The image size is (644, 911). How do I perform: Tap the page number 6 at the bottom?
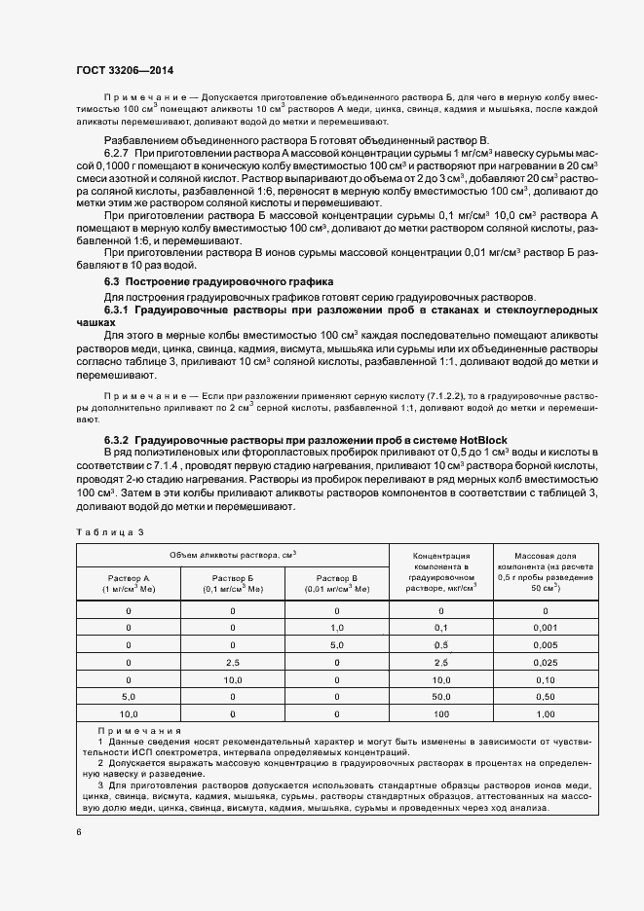pos(79,832)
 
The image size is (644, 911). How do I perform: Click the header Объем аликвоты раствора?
pos(233,554)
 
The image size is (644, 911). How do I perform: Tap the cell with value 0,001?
pos(545,628)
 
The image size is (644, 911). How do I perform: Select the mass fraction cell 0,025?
pos(545,663)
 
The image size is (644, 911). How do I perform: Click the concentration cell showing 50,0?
pos(440,697)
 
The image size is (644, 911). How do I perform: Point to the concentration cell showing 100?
pos(440,714)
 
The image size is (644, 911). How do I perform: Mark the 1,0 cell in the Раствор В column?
pos(336,628)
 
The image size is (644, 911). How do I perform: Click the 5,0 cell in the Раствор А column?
pos(129,697)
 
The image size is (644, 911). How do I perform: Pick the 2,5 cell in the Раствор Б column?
pos(233,663)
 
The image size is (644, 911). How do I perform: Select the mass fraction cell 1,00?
pos(545,714)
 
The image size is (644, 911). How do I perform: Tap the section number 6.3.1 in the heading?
pos(118,309)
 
